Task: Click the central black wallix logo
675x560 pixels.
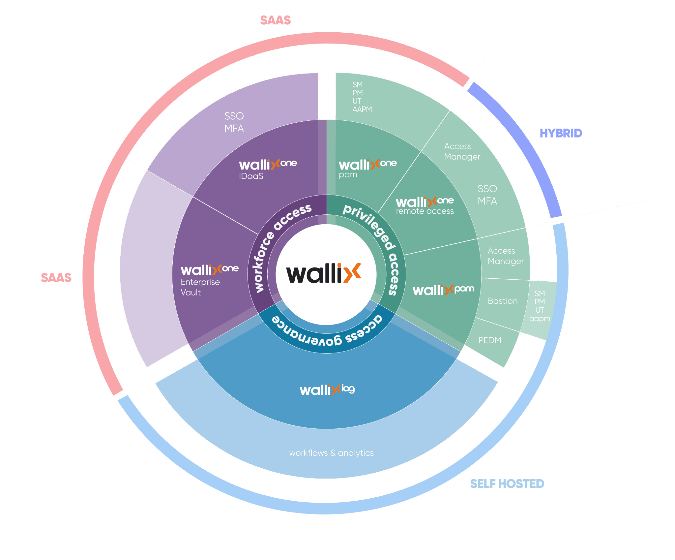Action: [x=323, y=273]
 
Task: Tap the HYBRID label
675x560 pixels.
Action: [x=561, y=133]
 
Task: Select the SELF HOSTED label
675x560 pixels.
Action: [x=507, y=483]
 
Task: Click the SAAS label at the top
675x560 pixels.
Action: [x=275, y=20]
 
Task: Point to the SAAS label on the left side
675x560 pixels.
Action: [x=56, y=278]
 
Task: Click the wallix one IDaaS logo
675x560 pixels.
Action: [x=268, y=164]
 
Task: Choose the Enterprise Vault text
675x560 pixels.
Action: [x=200, y=287]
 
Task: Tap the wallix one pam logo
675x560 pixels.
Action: [x=367, y=164]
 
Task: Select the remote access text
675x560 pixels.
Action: [x=425, y=211]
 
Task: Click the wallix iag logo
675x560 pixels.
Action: [x=327, y=389]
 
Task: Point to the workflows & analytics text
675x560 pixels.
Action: [x=331, y=453]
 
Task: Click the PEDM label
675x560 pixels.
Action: [x=489, y=340]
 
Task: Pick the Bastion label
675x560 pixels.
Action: [x=502, y=301]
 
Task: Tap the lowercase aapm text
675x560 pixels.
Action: [x=540, y=319]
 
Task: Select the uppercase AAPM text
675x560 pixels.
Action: [x=362, y=109]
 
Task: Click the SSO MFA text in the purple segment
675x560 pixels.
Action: [x=234, y=122]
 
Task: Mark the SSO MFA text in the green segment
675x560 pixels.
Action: [x=487, y=195]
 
